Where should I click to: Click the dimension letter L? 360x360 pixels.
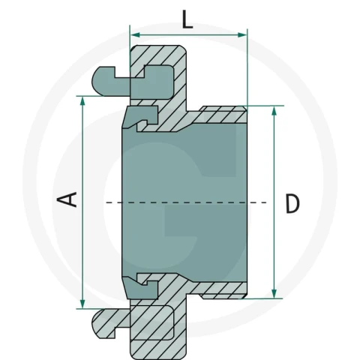click(187, 19)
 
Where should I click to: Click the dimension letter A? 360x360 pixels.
click(67, 199)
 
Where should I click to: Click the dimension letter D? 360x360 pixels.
click(292, 204)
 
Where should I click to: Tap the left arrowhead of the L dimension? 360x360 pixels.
click(135, 35)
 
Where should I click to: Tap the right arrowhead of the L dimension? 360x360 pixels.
click(242, 35)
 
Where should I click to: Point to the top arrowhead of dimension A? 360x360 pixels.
click(82, 101)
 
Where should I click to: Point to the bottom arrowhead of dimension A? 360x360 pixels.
click(82, 304)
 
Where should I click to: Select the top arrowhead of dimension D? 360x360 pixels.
click(274, 111)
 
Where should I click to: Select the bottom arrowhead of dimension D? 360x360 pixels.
click(274, 293)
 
